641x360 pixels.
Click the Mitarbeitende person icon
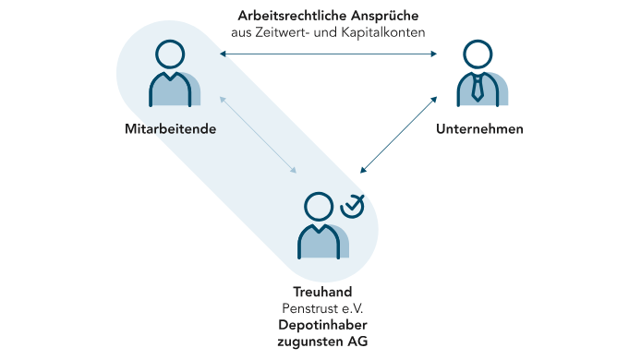pyautogui.click(x=172, y=74)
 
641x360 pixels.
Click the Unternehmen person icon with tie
pyautogui.click(x=478, y=74)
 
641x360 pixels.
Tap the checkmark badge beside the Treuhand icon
pyautogui.click(x=352, y=207)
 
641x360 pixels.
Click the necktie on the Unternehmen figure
pyautogui.click(x=478, y=90)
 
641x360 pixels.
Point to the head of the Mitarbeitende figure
pyautogui.click(x=170, y=55)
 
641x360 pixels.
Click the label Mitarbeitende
pyautogui.click(x=170, y=129)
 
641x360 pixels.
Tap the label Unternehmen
pyautogui.click(x=479, y=129)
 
